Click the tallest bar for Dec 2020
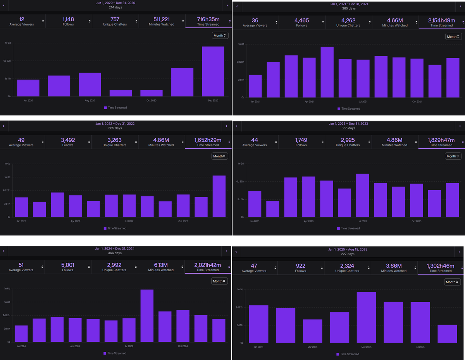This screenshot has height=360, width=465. (x=213, y=71)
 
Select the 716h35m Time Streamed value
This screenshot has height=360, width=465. (x=208, y=19)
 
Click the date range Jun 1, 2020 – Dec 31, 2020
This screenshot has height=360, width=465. (x=115, y=3)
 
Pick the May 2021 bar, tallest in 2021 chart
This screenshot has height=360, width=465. (x=327, y=72)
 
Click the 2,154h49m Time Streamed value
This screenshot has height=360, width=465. (x=441, y=20)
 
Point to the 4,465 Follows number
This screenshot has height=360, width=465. (x=301, y=20)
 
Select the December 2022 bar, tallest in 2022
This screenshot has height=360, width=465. (x=219, y=196)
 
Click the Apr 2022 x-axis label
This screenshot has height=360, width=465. (x=75, y=221)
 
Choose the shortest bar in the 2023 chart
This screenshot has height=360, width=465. (x=272, y=209)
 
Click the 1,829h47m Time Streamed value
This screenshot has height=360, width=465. (x=441, y=140)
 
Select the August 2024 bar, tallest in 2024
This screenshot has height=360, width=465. (x=147, y=316)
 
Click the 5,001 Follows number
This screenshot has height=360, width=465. (x=67, y=265)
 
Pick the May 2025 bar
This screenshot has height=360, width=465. (x=366, y=317)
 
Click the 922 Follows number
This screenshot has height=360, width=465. (x=301, y=266)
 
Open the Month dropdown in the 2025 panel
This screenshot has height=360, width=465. (x=452, y=282)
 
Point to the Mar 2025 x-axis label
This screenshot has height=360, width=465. (x=312, y=347)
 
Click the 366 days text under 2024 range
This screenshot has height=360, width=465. (x=115, y=253)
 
